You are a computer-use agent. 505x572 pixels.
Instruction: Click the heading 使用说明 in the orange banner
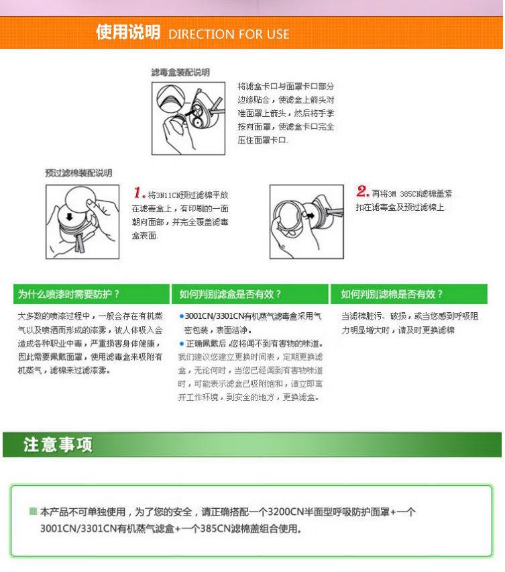tap(127, 32)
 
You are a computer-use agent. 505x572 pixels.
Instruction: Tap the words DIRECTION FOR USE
tap(229, 34)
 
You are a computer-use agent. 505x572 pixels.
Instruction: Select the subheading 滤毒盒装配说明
tap(180, 72)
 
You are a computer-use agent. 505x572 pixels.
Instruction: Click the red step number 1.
tap(139, 193)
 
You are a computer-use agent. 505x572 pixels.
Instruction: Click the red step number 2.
tap(363, 192)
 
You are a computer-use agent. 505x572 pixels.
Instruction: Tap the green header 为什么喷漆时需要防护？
tap(69, 294)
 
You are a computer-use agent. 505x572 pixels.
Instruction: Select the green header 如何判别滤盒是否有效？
tap(230, 294)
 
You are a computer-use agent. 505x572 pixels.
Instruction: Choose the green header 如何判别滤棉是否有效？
tap(392, 294)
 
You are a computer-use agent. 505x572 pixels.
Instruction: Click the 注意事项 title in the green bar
tap(58, 444)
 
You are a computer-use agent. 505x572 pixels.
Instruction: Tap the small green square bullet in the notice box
tap(33, 512)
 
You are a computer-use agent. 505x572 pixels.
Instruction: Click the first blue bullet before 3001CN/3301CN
tap(181, 316)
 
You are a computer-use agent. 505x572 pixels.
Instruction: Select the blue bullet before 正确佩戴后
tap(181, 343)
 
